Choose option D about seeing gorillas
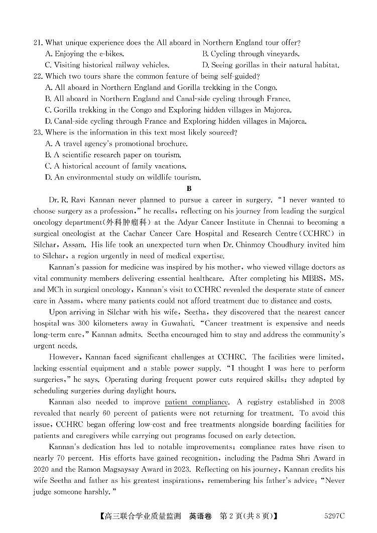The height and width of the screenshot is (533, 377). point(271,65)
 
